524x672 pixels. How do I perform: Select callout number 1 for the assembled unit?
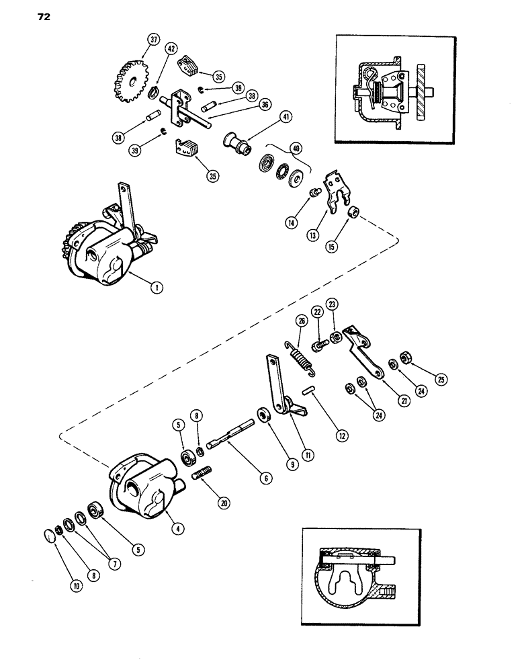[x=156, y=288]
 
